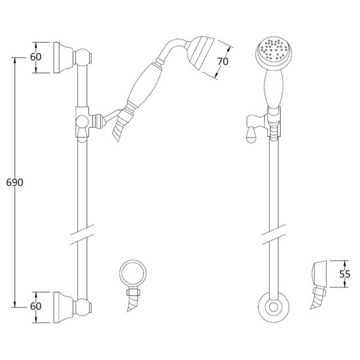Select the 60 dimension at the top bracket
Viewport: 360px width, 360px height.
tap(36, 57)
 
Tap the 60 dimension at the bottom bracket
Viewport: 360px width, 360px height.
tap(36, 306)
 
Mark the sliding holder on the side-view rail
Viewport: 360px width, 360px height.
tap(83, 121)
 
